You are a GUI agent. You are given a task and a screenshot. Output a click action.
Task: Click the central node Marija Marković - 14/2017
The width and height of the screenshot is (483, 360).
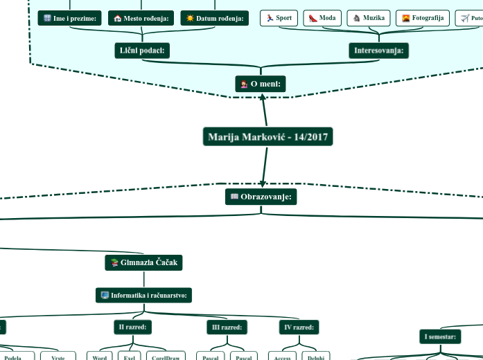(267, 137)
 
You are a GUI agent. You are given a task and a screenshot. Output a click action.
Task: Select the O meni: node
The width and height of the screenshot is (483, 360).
(261, 84)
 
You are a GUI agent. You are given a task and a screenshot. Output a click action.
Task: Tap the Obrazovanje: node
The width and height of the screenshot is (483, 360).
(261, 197)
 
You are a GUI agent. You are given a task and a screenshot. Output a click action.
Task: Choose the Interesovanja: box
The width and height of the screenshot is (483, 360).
(379, 51)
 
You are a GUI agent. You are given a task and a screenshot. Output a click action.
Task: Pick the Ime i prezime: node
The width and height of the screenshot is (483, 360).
(69, 18)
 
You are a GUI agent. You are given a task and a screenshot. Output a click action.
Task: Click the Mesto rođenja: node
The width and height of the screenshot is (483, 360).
(141, 18)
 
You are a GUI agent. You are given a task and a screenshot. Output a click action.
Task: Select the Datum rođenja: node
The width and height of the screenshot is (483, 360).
(214, 18)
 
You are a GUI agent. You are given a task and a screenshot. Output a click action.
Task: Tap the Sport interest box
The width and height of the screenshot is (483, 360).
(279, 18)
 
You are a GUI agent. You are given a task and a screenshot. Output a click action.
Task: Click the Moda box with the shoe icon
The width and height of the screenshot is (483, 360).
(322, 18)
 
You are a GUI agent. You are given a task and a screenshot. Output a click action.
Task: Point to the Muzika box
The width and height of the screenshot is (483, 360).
(368, 18)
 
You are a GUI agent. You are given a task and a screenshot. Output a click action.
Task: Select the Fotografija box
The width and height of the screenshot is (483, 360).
(422, 18)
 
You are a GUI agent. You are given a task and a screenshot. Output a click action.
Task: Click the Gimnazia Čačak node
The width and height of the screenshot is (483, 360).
(143, 262)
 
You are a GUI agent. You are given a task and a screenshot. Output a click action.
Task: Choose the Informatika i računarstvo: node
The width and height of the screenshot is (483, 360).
(144, 296)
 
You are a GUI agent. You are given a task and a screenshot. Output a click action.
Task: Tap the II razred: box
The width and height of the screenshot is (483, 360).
(132, 327)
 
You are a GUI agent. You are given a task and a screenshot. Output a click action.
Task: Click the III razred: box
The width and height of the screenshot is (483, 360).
(227, 327)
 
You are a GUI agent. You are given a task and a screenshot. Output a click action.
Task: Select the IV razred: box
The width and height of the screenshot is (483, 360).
(299, 327)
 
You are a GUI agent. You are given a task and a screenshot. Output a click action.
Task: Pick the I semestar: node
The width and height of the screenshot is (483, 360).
(439, 337)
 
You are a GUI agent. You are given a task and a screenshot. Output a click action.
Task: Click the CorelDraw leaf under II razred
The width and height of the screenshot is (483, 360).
(166, 357)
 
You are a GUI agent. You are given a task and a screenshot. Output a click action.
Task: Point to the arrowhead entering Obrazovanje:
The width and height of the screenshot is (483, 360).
(263, 183)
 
